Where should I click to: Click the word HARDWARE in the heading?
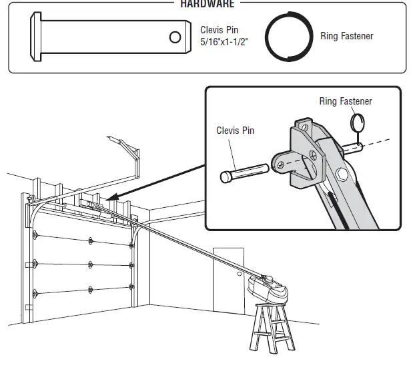pos(207,4)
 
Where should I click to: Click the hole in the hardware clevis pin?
pos(175,37)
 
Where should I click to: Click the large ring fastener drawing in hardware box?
pos(289,37)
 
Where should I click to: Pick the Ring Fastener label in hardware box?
pos(346,36)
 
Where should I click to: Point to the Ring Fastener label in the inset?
pos(345,101)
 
